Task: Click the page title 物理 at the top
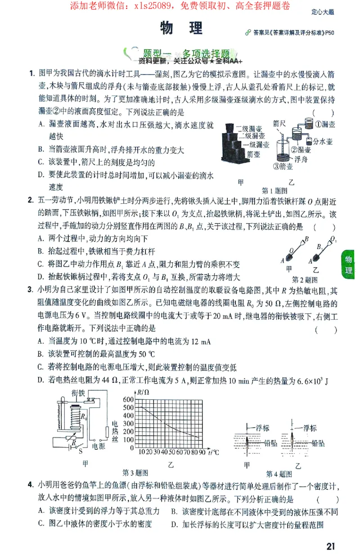(x=181, y=29)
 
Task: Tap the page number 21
(x=331, y=546)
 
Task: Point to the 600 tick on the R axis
(x=128, y=400)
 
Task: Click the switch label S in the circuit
(x=81, y=450)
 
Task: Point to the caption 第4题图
(x=279, y=474)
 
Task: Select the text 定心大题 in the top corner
(x=322, y=13)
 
